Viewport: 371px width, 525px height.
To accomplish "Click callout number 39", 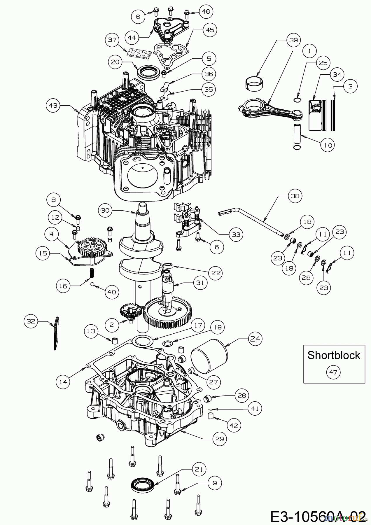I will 293,40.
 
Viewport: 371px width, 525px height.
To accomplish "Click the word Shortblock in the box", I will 334,355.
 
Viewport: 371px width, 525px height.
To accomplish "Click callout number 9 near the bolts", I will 215,483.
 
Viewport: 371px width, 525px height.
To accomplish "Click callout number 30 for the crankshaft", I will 106,210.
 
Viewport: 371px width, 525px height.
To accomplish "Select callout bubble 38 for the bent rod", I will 295,196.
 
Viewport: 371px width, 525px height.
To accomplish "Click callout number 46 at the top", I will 206,12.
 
